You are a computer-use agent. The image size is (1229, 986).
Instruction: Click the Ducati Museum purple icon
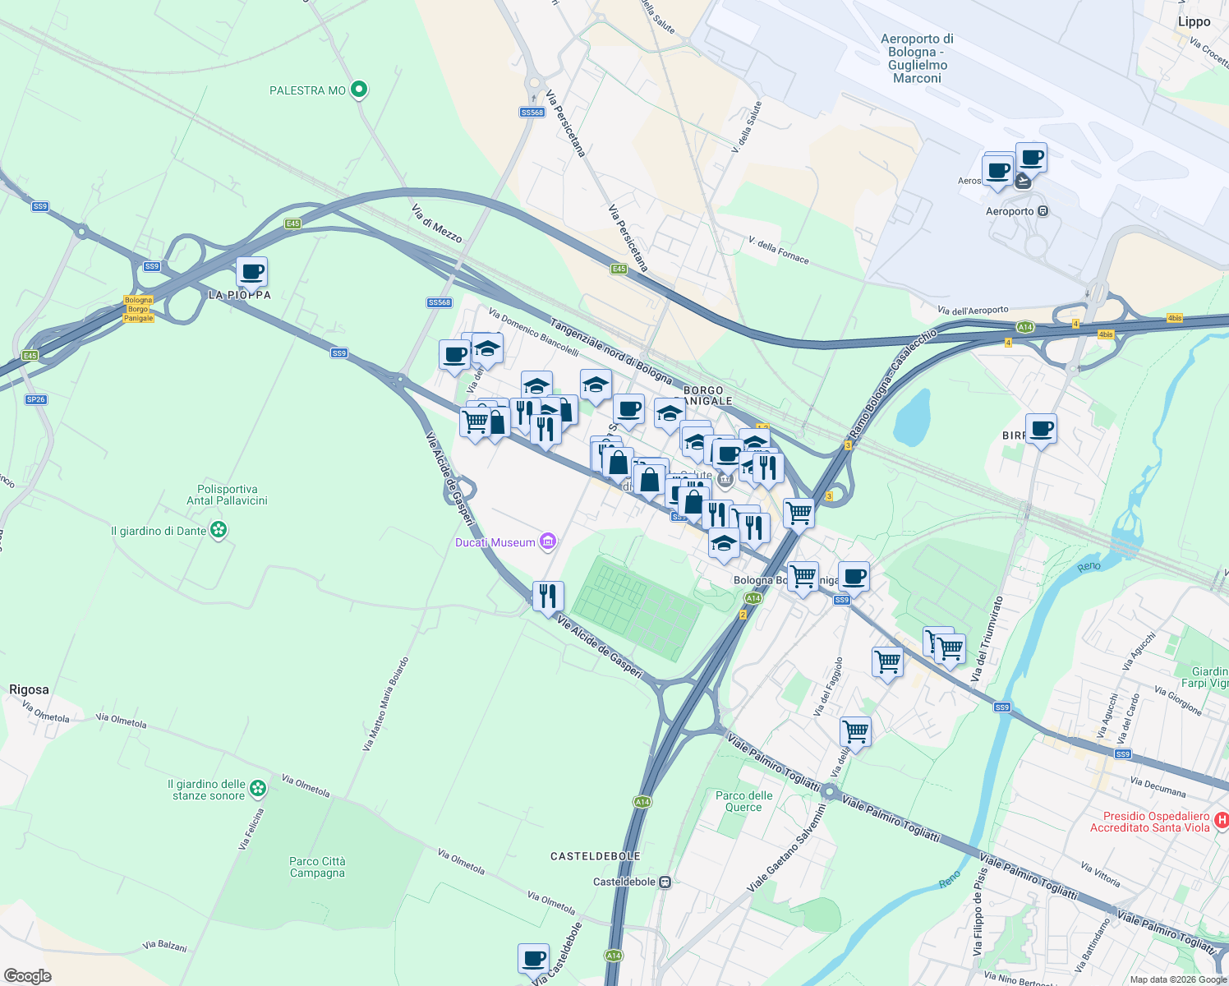tap(548, 541)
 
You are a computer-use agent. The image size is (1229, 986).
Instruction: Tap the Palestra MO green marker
tap(358, 90)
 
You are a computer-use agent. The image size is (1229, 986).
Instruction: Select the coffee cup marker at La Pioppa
tap(252, 272)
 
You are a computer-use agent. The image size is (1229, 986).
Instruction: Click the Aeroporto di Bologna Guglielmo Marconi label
tap(917, 58)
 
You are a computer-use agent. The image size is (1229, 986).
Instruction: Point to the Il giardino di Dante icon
tap(219, 531)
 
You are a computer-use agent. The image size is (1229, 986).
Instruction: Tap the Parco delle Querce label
tap(743, 801)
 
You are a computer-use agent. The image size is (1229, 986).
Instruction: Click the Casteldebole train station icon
tap(665, 882)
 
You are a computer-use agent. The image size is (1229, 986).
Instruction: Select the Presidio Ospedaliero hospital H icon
tap(1221, 820)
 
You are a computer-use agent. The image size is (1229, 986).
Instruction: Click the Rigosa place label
tap(29, 689)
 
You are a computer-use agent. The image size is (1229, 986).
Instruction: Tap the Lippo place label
tap(1194, 22)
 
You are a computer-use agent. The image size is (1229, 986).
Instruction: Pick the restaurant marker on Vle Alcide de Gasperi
tap(548, 596)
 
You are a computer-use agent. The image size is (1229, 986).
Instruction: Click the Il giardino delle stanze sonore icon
tap(258, 789)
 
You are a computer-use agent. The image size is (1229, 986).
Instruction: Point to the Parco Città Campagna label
tap(317, 867)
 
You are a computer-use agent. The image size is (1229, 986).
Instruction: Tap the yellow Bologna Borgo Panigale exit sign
tap(139, 309)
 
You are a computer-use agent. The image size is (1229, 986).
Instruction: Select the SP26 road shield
tap(35, 399)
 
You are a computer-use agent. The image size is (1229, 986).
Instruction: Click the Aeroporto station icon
tap(1043, 211)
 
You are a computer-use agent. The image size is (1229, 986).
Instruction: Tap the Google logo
tap(27, 975)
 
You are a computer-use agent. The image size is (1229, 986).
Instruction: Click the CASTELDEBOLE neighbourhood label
tap(595, 856)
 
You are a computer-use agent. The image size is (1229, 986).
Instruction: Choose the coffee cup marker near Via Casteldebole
tap(533, 958)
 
